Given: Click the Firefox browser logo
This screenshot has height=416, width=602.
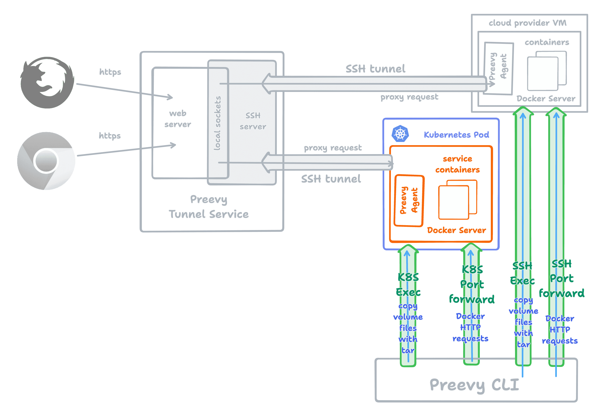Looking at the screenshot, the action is tap(47, 82).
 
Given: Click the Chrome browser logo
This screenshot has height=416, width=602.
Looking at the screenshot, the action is tap(46, 161).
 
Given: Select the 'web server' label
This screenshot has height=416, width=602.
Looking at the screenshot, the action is tap(178, 119).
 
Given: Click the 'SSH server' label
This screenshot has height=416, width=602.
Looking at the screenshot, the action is tap(253, 121).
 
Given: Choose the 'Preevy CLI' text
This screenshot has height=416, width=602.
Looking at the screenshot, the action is tap(474, 385).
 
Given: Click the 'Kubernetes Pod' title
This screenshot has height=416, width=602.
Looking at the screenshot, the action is tap(456, 135).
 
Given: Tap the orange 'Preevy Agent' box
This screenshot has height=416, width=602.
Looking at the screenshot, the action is tap(409, 200).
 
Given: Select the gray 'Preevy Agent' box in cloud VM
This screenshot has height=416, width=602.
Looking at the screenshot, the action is tap(499, 68).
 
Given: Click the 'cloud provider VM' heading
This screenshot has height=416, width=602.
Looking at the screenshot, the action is tap(527, 23).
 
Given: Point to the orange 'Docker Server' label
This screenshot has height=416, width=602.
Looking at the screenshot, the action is tap(456, 230).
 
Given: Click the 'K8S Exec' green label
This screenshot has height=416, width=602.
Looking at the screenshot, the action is tap(408, 285).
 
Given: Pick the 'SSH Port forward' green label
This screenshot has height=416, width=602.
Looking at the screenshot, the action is tap(562, 279).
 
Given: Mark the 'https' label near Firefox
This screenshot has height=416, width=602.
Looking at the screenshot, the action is tap(110, 72).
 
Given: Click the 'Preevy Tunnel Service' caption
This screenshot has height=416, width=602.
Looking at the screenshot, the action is tap(209, 207).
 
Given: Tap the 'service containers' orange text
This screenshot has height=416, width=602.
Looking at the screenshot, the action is tap(457, 164).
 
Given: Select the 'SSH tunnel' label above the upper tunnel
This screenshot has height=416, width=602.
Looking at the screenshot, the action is tap(375, 69).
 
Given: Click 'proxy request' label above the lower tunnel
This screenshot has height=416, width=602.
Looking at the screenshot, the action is tap(333, 148).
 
